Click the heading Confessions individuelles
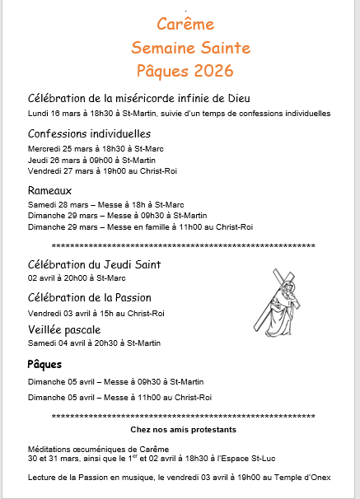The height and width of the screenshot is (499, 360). (x=89, y=133)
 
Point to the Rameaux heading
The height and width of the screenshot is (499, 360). (x=51, y=190)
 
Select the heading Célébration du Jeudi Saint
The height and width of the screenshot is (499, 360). (x=94, y=265)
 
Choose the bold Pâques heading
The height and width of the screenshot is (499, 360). (x=44, y=364)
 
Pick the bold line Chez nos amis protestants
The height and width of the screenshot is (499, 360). (x=183, y=430)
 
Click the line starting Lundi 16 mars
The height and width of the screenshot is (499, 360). (x=179, y=114)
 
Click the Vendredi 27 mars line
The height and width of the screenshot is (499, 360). (x=102, y=171)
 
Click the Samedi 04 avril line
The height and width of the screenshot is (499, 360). (x=94, y=343)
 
